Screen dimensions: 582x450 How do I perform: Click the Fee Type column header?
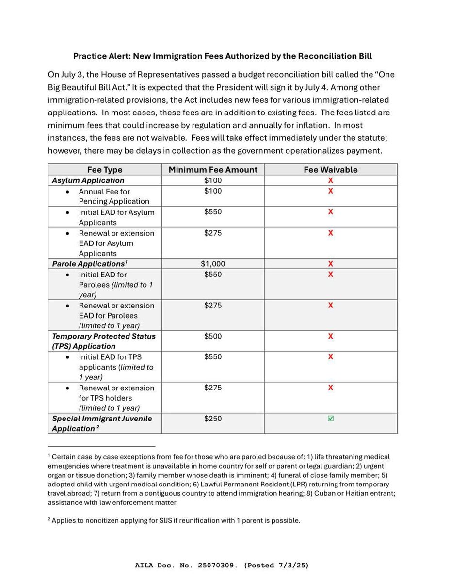(x=105, y=170)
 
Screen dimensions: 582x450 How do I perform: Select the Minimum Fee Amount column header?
(x=213, y=170)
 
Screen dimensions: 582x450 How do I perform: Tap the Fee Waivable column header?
(x=330, y=170)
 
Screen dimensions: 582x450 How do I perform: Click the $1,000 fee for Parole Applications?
(x=213, y=264)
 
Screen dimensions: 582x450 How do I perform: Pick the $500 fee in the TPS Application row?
(x=213, y=336)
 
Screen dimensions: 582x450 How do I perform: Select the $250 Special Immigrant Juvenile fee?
(x=213, y=419)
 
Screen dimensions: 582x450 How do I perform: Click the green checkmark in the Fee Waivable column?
(x=331, y=419)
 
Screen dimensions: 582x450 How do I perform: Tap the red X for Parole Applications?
(x=331, y=264)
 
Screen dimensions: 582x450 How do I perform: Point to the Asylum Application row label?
(x=88, y=180)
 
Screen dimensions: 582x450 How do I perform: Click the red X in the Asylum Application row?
(x=331, y=180)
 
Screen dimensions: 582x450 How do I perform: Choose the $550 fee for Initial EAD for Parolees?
(x=213, y=275)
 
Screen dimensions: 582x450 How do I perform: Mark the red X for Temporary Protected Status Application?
(x=331, y=336)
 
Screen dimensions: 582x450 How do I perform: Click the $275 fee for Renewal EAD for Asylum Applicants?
(x=213, y=233)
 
